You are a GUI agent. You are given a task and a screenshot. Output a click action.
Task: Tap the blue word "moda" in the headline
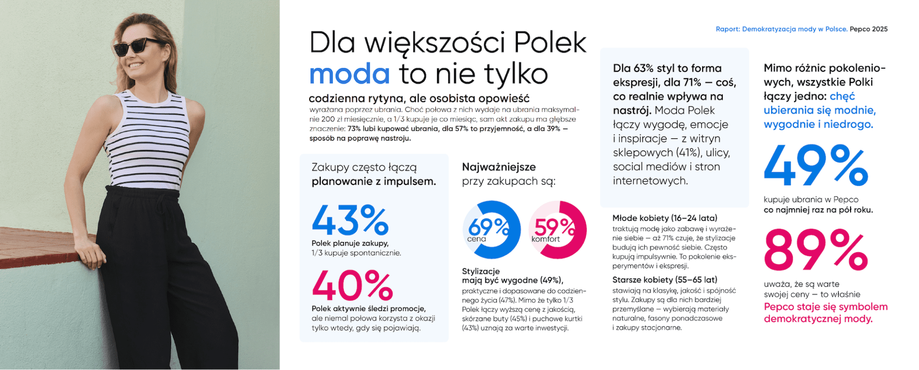349,74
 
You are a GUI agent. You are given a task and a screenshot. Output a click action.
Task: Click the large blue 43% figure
350,220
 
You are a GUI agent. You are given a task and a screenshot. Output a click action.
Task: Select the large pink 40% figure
352,286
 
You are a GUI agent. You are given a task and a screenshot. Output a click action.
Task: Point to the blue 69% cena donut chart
491,230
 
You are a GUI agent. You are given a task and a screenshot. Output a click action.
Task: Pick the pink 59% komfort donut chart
558,230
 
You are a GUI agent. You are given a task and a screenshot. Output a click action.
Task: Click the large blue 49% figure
816,166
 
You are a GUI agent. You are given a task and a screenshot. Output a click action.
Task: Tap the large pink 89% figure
816,250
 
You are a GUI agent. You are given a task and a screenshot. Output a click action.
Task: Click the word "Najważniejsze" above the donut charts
499,167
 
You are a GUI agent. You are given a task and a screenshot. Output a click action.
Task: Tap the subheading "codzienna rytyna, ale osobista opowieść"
419,99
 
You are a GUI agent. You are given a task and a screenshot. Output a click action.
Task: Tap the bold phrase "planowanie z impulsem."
374,182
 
